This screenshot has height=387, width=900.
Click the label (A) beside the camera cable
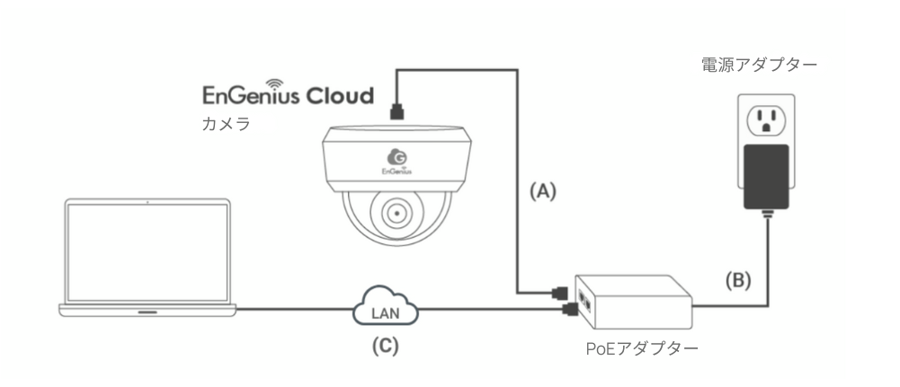(x=542, y=191)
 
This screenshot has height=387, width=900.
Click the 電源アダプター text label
(x=759, y=66)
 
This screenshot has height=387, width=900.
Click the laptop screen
(x=147, y=250)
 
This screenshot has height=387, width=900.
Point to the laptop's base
(x=147, y=310)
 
